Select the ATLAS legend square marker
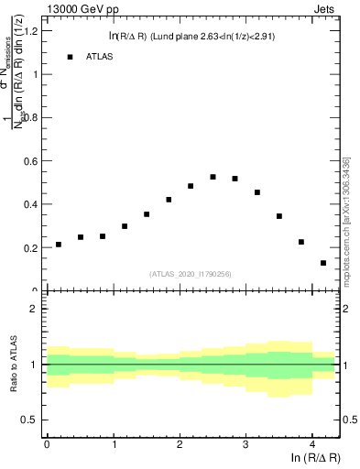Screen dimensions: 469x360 tap(70, 57)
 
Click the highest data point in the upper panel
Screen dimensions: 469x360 tap(213, 177)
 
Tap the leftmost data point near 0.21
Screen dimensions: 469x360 tap(59, 245)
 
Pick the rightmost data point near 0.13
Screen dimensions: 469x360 tap(323, 263)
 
